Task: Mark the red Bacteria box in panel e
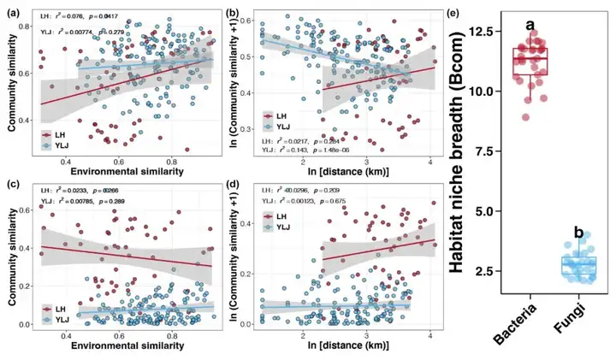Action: (529, 62)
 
